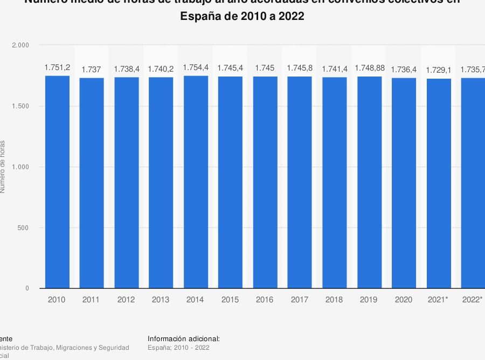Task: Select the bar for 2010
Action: (x=57, y=182)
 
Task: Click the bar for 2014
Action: (x=196, y=182)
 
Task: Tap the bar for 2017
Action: (x=300, y=182)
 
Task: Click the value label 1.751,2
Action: (x=57, y=68)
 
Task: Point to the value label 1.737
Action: (x=92, y=70)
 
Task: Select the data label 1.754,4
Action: (x=196, y=68)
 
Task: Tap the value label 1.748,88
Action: (x=369, y=68)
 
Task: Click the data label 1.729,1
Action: (x=438, y=70)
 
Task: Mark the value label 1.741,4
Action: (x=335, y=69)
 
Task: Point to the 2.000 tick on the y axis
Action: (x=20, y=45)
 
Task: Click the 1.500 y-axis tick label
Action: (x=20, y=106)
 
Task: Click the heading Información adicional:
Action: (x=184, y=338)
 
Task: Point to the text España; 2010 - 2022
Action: (x=178, y=348)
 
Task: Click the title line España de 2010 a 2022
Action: (x=242, y=17)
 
